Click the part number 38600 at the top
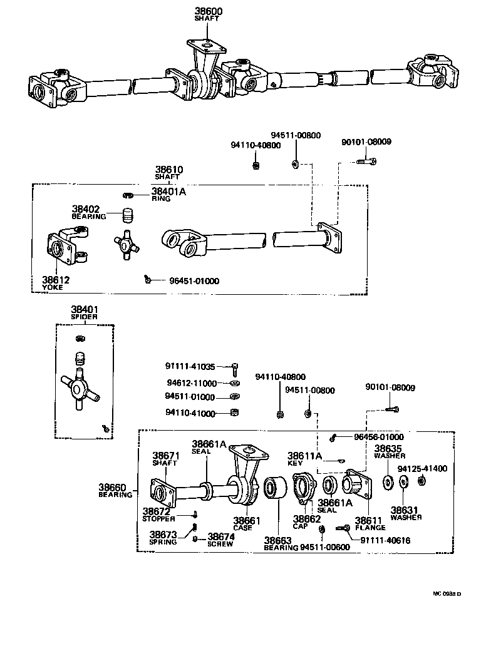[208, 11]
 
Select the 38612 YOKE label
[56, 283]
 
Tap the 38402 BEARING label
[88, 212]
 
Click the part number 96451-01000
[194, 281]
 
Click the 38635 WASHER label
[388, 451]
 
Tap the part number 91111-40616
[385, 540]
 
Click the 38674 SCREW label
[221, 540]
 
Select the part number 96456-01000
[378, 437]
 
